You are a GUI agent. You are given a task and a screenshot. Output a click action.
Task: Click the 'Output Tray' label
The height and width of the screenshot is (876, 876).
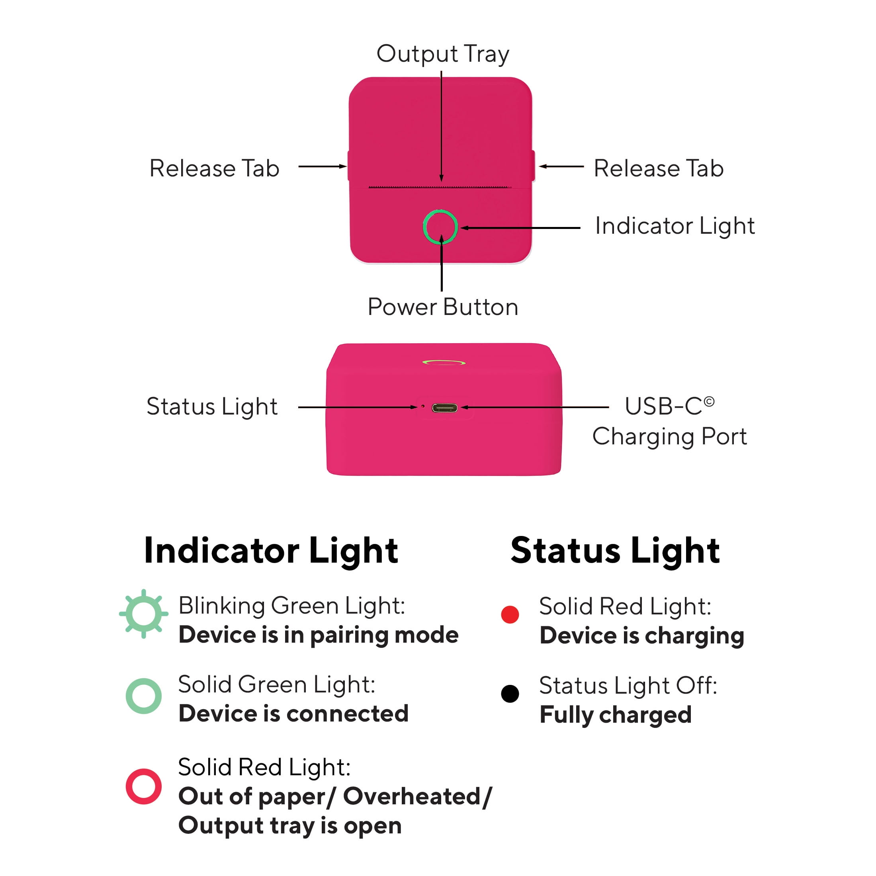point(442,54)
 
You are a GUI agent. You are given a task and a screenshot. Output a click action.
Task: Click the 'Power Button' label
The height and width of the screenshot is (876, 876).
point(442,307)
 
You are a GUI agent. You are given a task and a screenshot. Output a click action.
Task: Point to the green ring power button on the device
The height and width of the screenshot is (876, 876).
point(424,227)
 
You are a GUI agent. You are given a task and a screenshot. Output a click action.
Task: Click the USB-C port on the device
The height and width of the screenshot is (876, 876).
point(444,408)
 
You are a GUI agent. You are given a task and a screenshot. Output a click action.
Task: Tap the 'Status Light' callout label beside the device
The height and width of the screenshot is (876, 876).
point(212,407)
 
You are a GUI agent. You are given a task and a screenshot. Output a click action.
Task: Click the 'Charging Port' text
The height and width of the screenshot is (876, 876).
point(669,437)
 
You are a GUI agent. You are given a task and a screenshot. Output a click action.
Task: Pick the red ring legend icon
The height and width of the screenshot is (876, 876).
point(128,786)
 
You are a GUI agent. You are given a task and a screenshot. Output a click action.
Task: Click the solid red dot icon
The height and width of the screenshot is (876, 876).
point(510,614)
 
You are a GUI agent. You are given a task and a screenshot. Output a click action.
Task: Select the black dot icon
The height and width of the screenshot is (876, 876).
point(510,694)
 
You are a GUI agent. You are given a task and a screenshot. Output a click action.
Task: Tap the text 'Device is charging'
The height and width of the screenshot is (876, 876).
point(642,635)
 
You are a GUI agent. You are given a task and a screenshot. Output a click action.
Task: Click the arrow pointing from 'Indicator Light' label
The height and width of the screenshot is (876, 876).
point(520,228)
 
